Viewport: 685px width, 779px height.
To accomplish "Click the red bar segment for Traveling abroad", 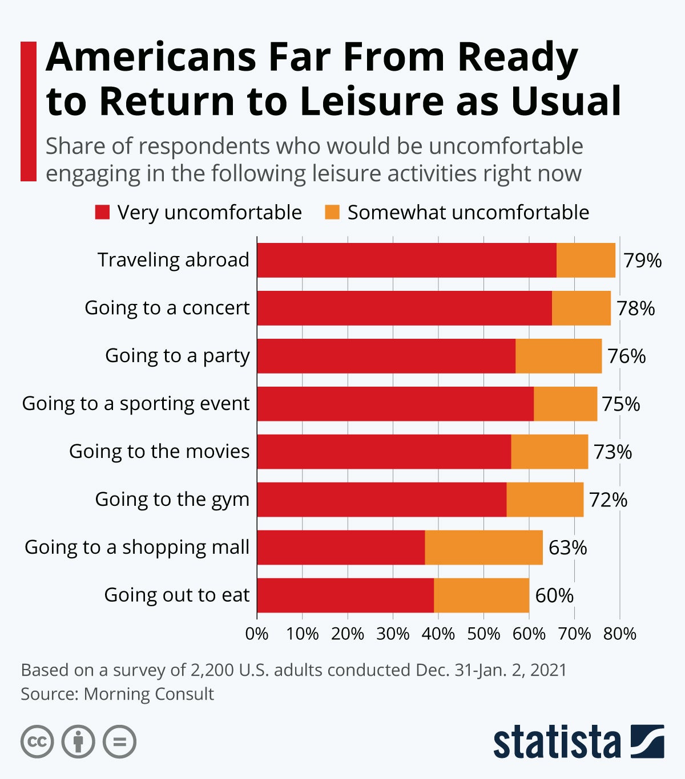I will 406,260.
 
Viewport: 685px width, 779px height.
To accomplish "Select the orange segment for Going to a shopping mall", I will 483,547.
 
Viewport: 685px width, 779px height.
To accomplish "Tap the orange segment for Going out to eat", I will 481,595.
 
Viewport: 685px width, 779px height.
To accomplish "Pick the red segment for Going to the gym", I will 381,500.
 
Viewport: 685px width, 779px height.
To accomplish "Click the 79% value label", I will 642,261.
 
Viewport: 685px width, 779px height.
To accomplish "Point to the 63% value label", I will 567,547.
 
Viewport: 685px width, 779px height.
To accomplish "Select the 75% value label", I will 621,404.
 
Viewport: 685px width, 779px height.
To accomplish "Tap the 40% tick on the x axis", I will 438,634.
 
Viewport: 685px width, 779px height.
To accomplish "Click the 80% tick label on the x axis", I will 620,634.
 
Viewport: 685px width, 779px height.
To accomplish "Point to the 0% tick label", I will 257,634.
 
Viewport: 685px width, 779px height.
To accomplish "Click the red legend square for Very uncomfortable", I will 102,212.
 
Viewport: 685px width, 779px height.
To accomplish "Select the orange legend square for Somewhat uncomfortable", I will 332,212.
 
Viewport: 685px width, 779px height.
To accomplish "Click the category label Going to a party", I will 177,355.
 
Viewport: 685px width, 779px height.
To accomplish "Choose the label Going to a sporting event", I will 136,403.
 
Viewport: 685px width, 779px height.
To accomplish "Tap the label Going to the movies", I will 159,451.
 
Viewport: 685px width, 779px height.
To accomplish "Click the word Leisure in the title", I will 372,101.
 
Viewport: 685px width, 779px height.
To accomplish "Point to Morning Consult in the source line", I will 148,694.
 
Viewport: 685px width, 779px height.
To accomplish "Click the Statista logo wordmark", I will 557,741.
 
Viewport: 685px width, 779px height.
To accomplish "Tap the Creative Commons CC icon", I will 37,742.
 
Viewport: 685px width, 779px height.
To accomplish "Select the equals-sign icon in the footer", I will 119,742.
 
